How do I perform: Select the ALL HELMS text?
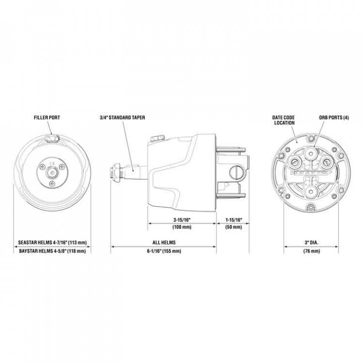pos(163,243)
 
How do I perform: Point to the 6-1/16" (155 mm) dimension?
pos(163,251)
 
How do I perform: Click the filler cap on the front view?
pos(51,138)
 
